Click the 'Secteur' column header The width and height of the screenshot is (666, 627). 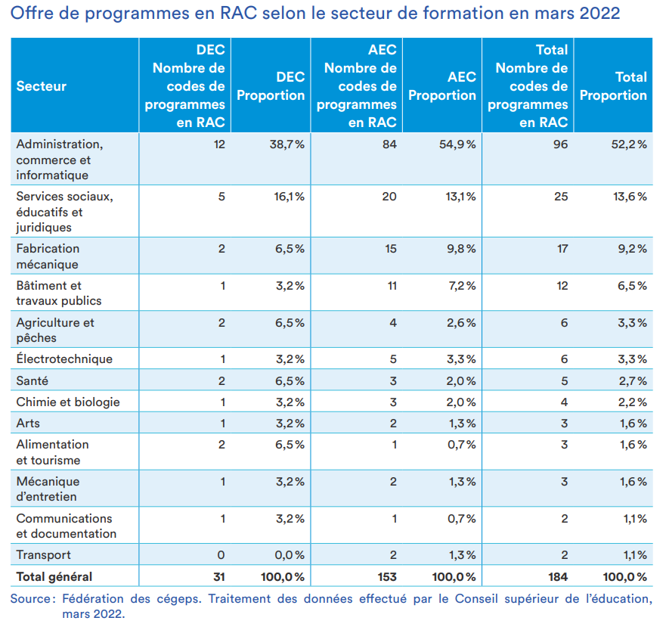coord(42,86)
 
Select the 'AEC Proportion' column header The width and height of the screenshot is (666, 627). coord(442,86)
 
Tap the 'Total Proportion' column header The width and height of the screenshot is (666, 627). coord(613,86)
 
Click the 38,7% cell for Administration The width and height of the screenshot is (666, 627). coord(287,144)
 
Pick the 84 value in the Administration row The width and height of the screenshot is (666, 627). coord(389,144)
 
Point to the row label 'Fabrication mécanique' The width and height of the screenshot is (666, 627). coord(48,256)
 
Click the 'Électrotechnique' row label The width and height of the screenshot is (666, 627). coord(64,359)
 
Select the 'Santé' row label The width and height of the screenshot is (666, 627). coord(32,380)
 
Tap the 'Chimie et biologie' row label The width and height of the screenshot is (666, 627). coord(68,402)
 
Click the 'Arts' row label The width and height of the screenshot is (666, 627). coord(28,424)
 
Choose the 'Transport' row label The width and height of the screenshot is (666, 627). coord(43,554)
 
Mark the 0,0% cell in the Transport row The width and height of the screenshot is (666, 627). coord(290,554)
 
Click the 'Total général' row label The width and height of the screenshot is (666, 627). coord(54,577)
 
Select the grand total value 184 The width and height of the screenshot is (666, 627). coord(557,577)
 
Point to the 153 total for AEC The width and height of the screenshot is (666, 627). coord(386,577)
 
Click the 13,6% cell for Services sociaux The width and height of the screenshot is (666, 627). coord(630,197)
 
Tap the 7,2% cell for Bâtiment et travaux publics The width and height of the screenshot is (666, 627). coord(462,286)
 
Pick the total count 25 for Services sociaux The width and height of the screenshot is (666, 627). coord(561,197)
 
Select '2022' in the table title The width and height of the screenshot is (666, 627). coord(599,13)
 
